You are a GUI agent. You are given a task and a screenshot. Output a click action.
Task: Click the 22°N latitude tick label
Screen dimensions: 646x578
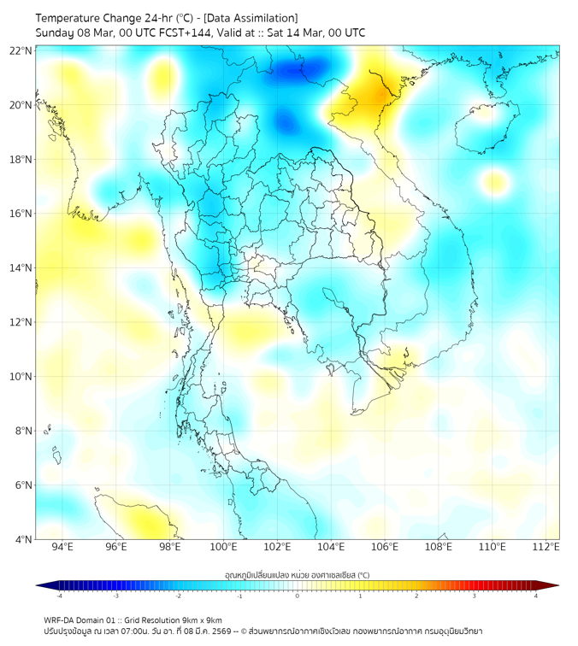point(21,50)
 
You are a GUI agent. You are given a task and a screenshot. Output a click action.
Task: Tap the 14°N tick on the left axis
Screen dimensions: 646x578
point(21,267)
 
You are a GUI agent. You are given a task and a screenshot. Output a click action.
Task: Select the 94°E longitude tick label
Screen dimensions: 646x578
point(62,547)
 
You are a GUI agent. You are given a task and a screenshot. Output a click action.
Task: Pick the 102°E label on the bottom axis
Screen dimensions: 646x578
point(277,547)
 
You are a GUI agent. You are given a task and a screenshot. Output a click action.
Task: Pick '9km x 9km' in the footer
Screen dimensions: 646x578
point(202,620)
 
